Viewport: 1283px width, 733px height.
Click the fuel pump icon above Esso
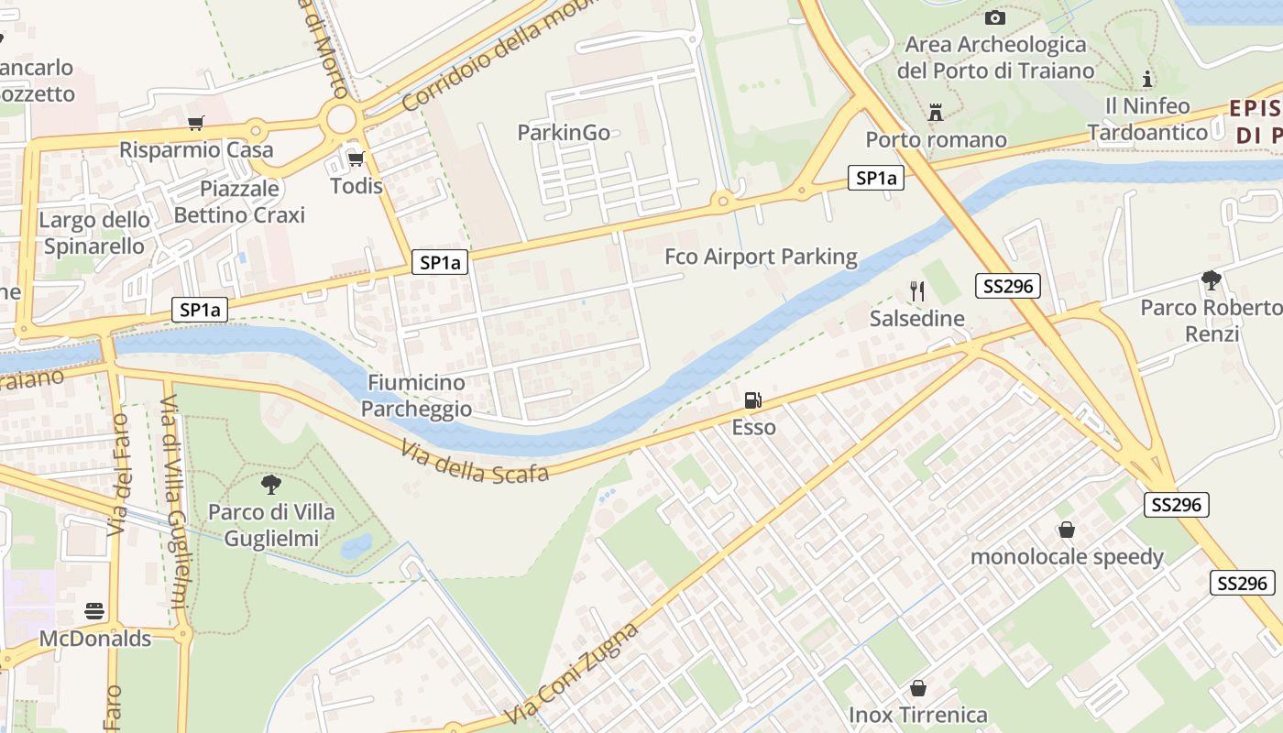(x=752, y=399)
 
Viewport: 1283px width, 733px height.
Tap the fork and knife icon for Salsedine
(x=917, y=291)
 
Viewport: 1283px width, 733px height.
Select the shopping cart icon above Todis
(x=356, y=159)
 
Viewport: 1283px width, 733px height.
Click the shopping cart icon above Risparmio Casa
(x=195, y=123)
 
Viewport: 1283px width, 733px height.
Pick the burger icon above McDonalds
(x=93, y=611)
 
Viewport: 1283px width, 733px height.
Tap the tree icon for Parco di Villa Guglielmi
(x=270, y=484)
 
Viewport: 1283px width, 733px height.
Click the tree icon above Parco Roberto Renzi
(x=1211, y=279)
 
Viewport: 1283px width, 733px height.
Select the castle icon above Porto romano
(x=936, y=113)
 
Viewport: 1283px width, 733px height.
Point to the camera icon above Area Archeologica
(x=994, y=17)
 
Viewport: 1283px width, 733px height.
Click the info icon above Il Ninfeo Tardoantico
(x=1146, y=79)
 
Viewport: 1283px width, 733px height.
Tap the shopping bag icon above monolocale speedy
(x=1067, y=530)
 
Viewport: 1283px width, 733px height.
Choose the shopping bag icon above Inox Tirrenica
(x=917, y=688)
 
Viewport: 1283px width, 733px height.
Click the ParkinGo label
(x=564, y=133)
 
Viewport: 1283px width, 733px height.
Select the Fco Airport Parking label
(x=761, y=257)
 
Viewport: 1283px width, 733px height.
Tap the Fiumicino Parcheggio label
(x=416, y=396)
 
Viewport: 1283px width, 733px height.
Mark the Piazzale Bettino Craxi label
(x=239, y=202)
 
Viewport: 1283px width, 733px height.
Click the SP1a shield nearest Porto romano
(x=875, y=179)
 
